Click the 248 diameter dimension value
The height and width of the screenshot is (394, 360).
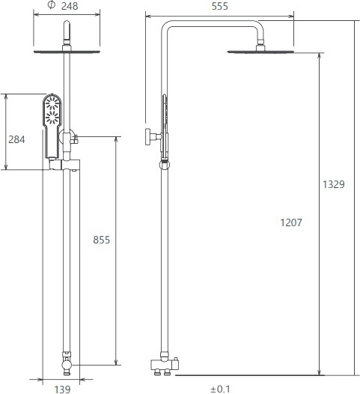[70, 6]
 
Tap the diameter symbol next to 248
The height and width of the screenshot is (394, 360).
[51, 5]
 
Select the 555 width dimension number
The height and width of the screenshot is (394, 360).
[219, 6]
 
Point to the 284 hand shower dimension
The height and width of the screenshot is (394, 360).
[16, 139]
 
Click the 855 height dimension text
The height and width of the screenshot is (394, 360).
[102, 240]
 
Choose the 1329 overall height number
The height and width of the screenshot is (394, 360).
[334, 184]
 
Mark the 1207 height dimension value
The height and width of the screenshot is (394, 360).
[291, 222]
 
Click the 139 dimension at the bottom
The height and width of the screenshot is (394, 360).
[62, 390]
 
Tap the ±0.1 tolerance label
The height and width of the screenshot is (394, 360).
[220, 390]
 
